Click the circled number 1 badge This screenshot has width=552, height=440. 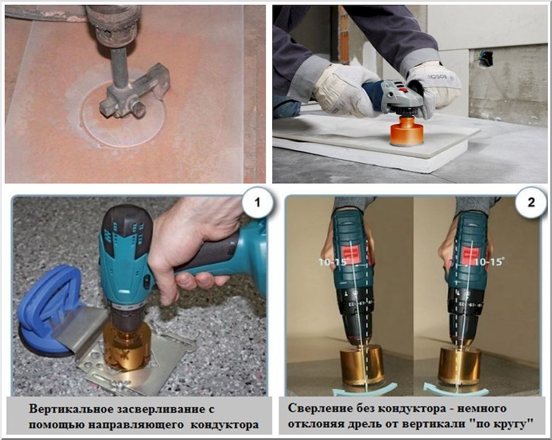point(257,202)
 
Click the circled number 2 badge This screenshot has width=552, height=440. point(531,202)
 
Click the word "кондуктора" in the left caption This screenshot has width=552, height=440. point(225,425)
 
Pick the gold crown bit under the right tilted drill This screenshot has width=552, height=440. point(459,365)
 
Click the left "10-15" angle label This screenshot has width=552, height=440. point(333,262)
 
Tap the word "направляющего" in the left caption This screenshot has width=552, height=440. point(136,425)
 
